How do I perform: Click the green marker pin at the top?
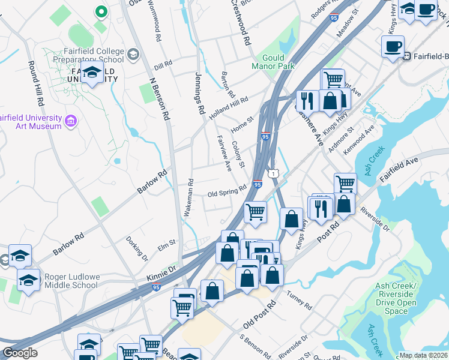coord(101,11)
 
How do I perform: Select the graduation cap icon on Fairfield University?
coord(91,74)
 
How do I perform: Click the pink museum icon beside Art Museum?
coord(71,122)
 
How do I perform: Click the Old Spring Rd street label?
coord(227,194)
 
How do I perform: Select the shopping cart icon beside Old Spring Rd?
coord(256,212)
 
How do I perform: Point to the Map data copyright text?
coord(423,355)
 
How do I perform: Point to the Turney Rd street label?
coord(300,301)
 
